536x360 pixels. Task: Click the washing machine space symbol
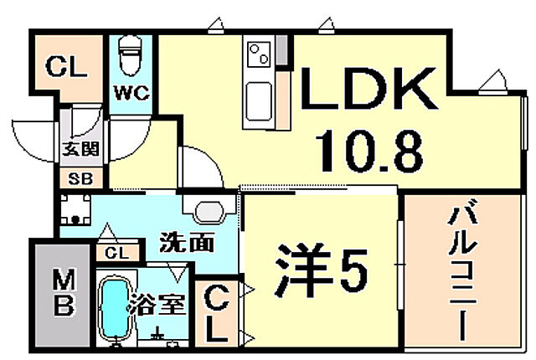click(79, 211)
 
